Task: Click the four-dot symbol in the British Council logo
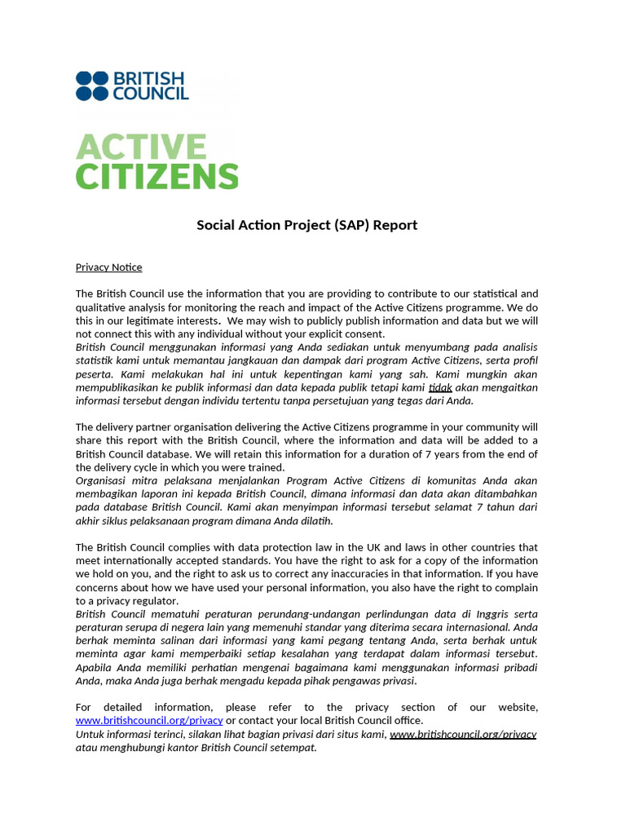(91, 86)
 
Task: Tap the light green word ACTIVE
(141, 148)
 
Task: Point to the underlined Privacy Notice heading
(108, 267)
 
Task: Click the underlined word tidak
(440, 387)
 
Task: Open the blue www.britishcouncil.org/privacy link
(149, 721)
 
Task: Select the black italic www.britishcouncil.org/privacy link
(463, 734)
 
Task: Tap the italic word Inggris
(466, 613)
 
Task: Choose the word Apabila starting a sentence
(96, 667)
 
